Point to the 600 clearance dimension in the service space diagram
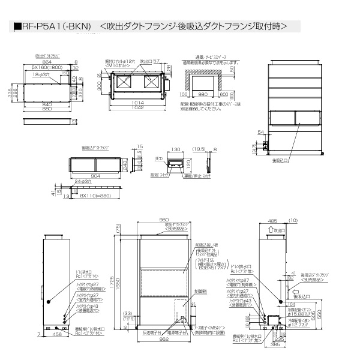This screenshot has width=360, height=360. pos(224,94)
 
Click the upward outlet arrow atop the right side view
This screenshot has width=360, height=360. pos(265,229)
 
